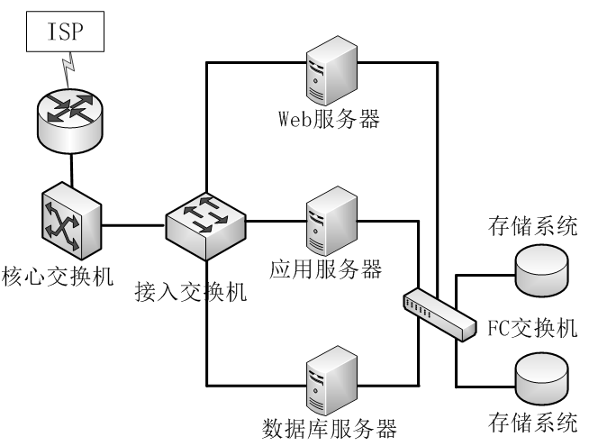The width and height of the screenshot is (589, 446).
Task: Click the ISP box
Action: coord(65,32)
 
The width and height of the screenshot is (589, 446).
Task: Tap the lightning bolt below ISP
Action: coord(68,70)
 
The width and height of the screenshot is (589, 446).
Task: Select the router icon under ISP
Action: coord(70,121)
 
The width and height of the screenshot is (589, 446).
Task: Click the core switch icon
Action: coord(71,222)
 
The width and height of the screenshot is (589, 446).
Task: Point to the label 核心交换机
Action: coord(58,277)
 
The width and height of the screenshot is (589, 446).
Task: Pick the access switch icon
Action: coord(205,226)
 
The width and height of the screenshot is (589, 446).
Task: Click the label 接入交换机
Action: coord(191,292)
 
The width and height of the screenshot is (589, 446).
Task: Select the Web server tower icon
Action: coord(331,70)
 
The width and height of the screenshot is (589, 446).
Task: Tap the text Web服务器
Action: coord(329,119)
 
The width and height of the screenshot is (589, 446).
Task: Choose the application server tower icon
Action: coord(331,221)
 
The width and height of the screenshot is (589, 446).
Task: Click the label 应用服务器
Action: coord(326,269)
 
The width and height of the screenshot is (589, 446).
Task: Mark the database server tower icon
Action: coord(331,380)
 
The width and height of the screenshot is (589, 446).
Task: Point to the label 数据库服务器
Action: coord(330,429)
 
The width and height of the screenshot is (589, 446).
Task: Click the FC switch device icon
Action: coord(439,314)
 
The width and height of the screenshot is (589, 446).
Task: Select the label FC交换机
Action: coord(532,328)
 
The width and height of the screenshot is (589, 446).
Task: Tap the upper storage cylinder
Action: coord(541,271)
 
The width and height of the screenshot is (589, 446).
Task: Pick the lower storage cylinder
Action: coord(541,380)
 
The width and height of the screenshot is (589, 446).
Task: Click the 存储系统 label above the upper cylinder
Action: coord(532,226)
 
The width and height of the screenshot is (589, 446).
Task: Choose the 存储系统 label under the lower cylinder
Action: coord(532,423)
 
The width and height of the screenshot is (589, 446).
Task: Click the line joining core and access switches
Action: coord(133,225)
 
